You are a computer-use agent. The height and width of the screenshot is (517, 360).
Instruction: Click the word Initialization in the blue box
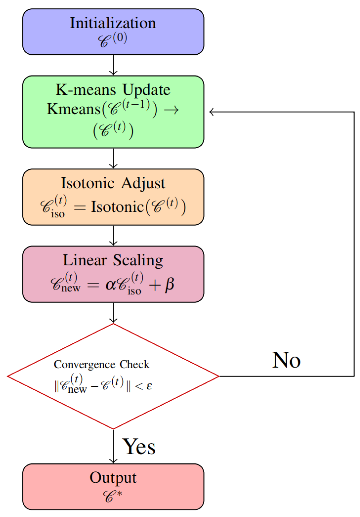coord(113,23)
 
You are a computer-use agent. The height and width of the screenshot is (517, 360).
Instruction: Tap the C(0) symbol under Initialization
coord(112,40)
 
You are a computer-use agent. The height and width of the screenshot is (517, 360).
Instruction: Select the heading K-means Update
coord(113,90)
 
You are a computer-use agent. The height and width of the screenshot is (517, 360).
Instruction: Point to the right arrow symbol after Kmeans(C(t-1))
coord(171,110)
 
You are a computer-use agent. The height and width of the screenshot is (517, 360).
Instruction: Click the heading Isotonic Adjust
coord(113,183)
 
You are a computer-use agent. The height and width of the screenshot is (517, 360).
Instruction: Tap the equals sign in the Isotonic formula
coord(79,207)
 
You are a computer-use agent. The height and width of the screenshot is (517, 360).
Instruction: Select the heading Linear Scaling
coord(113,260)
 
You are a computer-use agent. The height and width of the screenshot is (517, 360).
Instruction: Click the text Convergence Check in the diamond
coord(102,364)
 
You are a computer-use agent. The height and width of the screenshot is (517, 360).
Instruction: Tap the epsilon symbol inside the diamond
coord(149,386)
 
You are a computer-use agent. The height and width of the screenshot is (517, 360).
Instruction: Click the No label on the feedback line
coord(286,360)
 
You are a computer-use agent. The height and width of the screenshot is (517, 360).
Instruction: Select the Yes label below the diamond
coord(139,447)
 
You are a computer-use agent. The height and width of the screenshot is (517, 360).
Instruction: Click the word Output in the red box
coord(113,477)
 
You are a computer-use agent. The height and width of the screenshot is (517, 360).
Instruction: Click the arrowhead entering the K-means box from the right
coord(211,112)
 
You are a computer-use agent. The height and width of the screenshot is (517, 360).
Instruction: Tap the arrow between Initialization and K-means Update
coord(113,65)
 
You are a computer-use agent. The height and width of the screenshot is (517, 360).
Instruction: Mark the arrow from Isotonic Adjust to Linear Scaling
coord(113,236)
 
